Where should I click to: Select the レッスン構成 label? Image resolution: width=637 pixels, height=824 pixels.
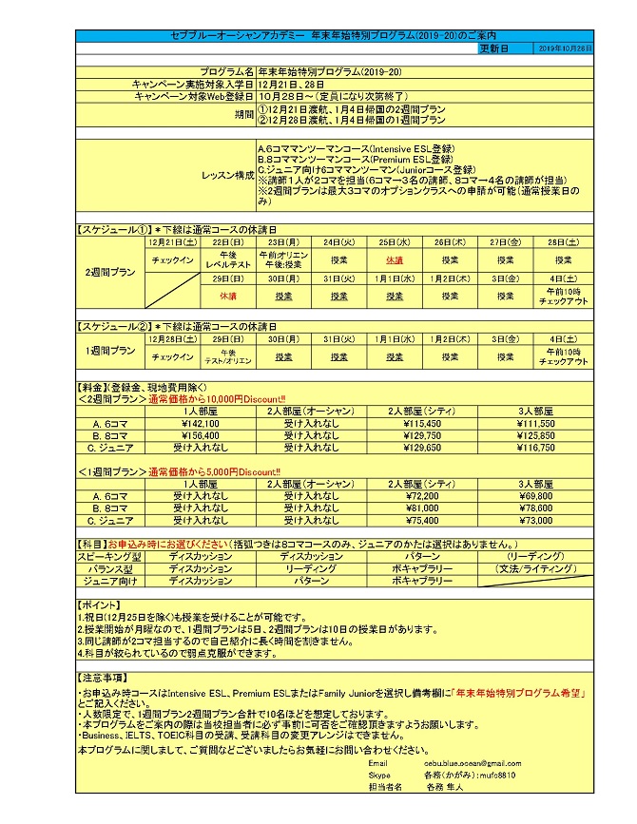[x=226, y=176]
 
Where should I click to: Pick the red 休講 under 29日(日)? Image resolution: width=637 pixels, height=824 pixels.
[x=226, y=296]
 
